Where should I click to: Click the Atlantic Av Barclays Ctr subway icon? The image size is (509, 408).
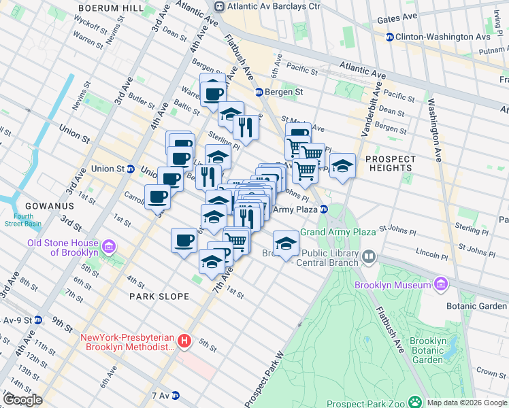pos(219,6)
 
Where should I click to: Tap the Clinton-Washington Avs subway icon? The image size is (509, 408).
pos(390,37)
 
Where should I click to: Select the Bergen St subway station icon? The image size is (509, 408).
pos(259,92)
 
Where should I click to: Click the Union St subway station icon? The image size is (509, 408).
pos(130,169)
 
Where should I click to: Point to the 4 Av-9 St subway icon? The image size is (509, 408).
pos(38,320)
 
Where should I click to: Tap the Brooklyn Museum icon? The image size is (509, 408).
pos(440,285)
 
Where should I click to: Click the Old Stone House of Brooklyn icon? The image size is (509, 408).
pos(108,245)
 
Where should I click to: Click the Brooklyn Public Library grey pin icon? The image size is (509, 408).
pos(369,257)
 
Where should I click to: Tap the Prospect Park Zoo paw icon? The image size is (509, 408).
pos(414,403)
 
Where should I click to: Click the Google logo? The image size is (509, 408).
pos(22,400)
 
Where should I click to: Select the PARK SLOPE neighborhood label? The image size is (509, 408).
pos(157,296)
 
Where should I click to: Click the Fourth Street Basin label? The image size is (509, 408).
pos(20,220)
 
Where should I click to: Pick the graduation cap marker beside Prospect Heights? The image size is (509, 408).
pos(343,166)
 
